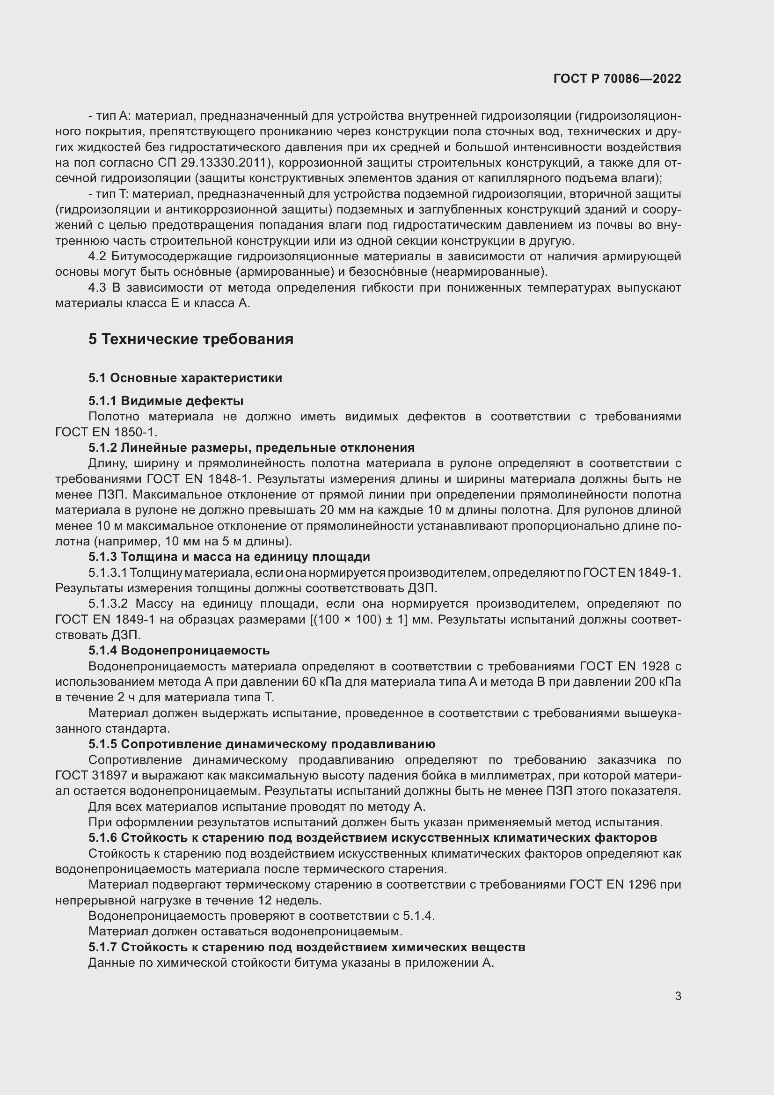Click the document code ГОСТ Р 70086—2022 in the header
[x=617, y=79]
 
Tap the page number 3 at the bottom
[x=678, y=996]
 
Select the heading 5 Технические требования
[x=190, y=339]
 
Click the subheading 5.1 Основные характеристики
[x=185, y=378]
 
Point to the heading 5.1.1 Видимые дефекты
[x=166, y=401]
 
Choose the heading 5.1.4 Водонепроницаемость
[x=179, y=650]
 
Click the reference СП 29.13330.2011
[x=211, y=162]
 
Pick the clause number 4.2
[x=97, y=257]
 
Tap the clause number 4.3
[x=97, y=287]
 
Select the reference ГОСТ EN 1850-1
[x=106, y=432]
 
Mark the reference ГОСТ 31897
[x=91, y=775]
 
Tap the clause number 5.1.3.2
[x=108, y=604]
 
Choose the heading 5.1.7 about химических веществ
[x=307, y=947]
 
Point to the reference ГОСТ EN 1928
[x=624, y=666]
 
